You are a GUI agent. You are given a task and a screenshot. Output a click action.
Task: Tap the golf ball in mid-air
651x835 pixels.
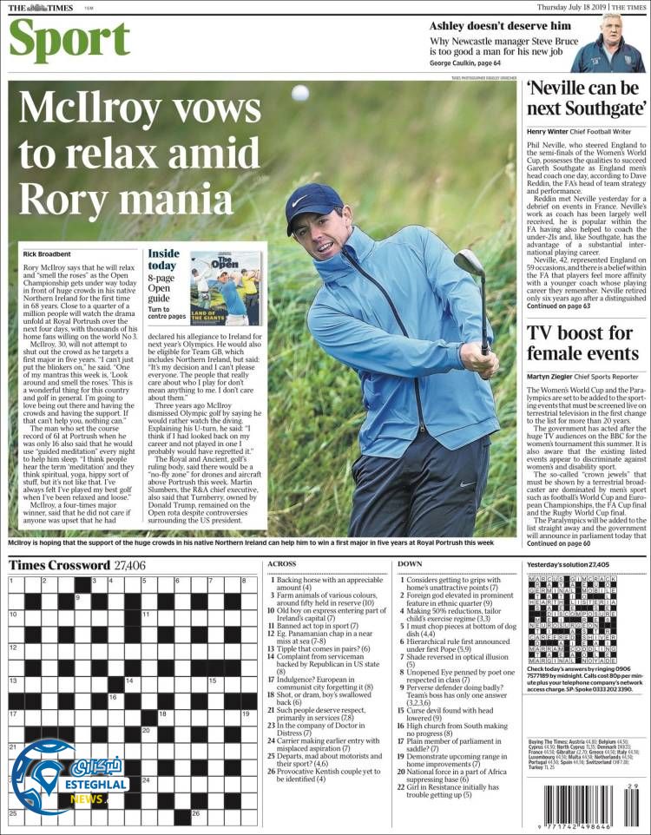299,93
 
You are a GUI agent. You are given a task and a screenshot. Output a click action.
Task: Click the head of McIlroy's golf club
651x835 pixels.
470,266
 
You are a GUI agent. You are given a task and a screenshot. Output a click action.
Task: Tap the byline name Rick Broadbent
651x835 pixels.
47,253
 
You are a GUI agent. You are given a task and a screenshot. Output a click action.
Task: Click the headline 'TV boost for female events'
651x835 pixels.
582,345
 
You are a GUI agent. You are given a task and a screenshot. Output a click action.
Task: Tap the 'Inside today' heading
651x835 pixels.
163,260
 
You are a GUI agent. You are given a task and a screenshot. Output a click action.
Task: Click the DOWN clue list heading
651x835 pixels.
410,564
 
